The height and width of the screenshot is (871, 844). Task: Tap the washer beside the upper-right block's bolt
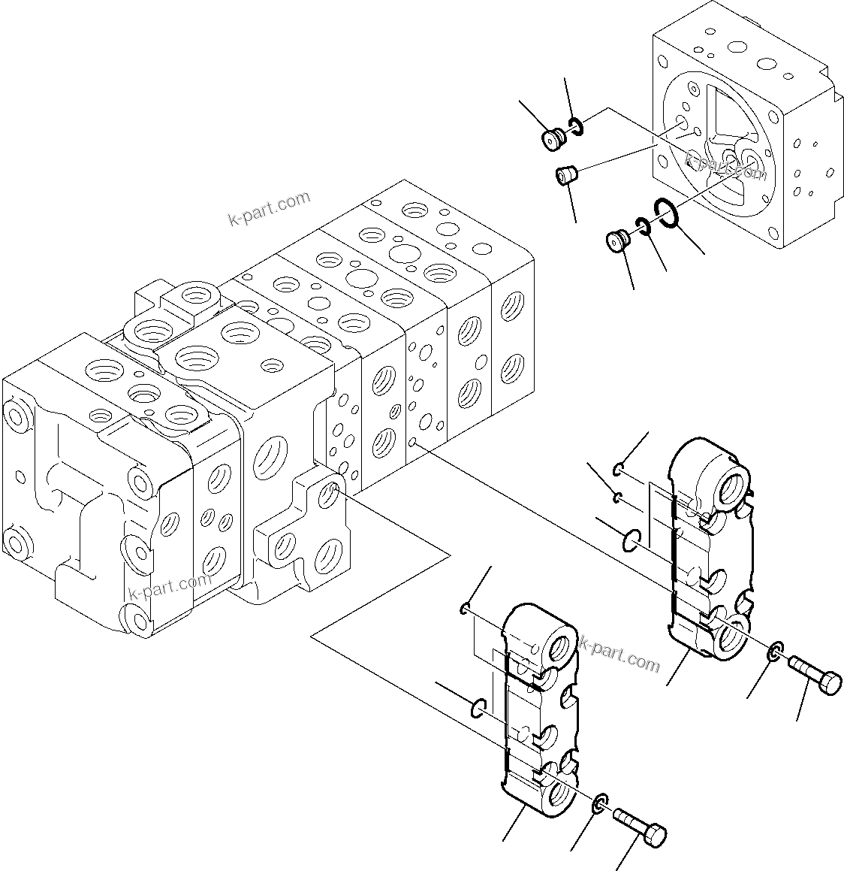click(776, 652)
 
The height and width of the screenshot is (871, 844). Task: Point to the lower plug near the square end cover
click(617, 243)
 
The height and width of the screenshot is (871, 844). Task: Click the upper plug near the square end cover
click(554, 138)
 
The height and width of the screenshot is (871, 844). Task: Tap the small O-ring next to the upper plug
click(575, 127)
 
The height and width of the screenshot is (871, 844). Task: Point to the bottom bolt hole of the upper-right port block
click(731, 637)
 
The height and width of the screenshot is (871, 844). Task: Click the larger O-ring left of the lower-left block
click(478, 707)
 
